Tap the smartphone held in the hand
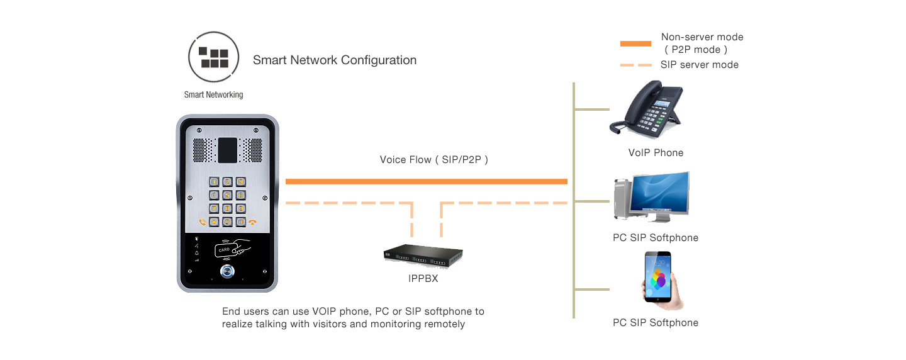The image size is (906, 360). pos(657,277)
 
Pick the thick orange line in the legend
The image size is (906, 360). pos(635,44)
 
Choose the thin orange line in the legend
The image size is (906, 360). pos(635,65)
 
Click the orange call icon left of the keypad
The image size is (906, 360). pos(202,222)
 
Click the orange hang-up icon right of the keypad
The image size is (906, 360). pos(253,222)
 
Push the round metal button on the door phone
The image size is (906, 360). pos(227,272)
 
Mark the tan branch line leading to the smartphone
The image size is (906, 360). pos(591,290)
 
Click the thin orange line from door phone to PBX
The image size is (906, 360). pos(349,203)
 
